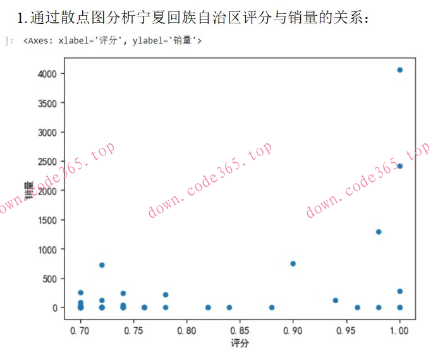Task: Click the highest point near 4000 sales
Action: click(x=399, y=70)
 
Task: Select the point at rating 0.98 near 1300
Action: click(x=378, y=232)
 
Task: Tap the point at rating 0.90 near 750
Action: click(x=293, y=263)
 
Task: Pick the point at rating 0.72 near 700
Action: click(x=102, y=265)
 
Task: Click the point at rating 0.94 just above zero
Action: click(x=336, y=301)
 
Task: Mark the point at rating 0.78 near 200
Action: click(x=166, y=295)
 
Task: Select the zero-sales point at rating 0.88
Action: click(x=272, y=308)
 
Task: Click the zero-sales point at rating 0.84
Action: click(x=229, y=308)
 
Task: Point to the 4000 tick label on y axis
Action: click(x=47, y=74)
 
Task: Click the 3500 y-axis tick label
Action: click(x=47, y=103)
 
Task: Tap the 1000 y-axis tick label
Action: click(x=47, y=249)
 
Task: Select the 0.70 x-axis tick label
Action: click(x=80, y=330)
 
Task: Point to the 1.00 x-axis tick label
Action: click(x=399, y=330)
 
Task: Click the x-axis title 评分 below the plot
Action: click(x=240, y=344)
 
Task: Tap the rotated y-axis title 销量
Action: click(x=28, y=189)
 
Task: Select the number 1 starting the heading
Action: click(x=22, y=18)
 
